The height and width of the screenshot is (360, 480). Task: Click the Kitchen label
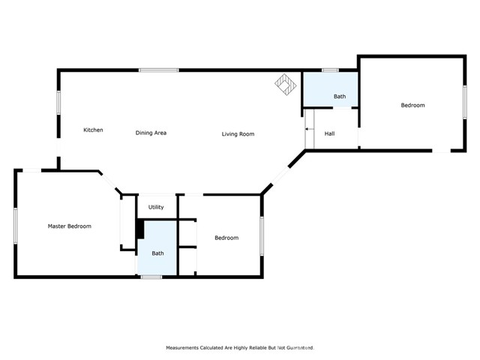click(x=93, y=130)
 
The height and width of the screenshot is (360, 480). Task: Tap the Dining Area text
click(x=151, y=133)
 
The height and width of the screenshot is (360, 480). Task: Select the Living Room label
click(x=238, y=134)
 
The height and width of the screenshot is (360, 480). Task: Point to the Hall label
click(x=329, y=134)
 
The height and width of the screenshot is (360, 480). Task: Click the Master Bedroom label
click(x=69, y=226)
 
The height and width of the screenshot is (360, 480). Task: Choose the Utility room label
click(x=156, y=207)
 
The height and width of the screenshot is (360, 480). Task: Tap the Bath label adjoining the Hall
click(x=340, y=96)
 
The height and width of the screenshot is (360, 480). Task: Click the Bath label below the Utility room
click(x=158, y=253)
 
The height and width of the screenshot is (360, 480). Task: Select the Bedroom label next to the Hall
click(x=412, y=105)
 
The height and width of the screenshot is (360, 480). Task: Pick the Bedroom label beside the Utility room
click(x=226, y=238)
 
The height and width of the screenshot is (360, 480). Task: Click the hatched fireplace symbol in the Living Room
click(x=284, y=83)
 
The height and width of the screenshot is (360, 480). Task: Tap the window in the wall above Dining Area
click(x=158, y=70)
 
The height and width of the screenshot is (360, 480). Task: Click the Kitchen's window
click(x=59, y=103)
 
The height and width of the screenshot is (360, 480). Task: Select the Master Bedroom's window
click(x=16, y=225)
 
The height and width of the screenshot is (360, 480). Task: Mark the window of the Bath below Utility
click(x=151, y=277)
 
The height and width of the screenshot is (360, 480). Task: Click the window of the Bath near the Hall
click(x=330, y=70)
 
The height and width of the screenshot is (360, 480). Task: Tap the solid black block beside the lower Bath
click(x=139, y=229)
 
